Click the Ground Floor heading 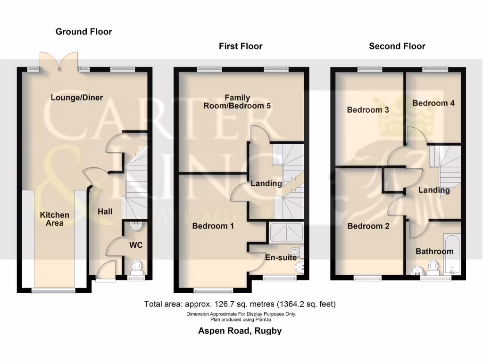pos(83,32)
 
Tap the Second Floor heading pos(397,46)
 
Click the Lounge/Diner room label pos(76,98)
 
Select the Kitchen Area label pos(54,219)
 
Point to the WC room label pos(136,245)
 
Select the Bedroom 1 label pos(213,226)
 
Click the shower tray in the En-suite pos(286,232)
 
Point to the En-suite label pos(281,257)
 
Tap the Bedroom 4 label pos(433,103)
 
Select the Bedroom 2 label pos(368,226)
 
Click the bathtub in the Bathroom pos(453,252)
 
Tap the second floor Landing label pos(434,190)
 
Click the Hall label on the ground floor pos(105,212)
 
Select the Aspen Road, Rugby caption pos(240,330)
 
